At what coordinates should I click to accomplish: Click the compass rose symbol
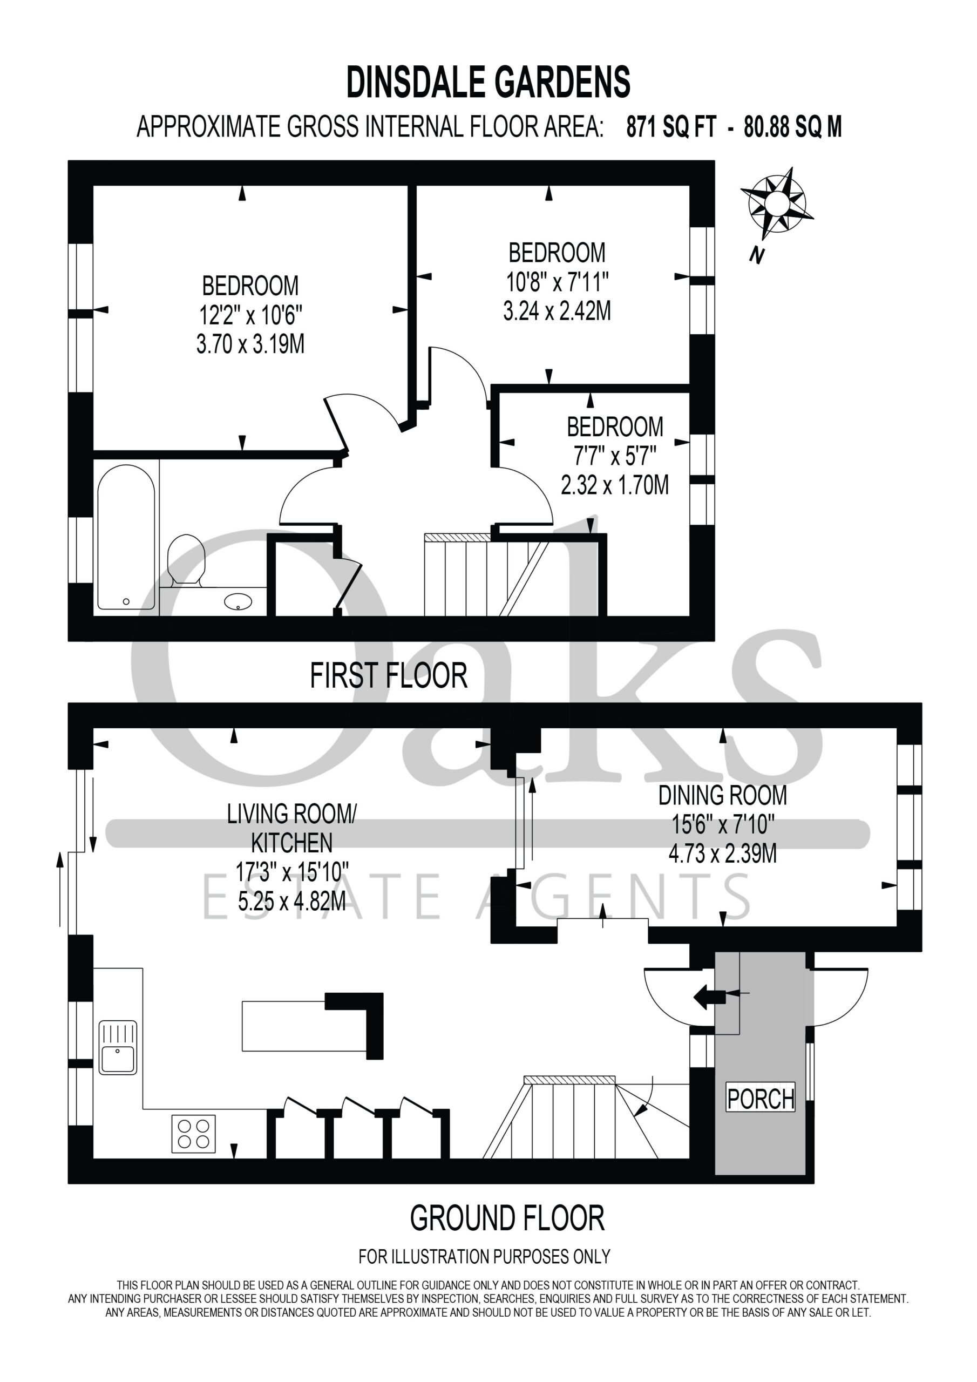(777, 203)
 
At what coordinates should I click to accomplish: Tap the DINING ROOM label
(722, 795)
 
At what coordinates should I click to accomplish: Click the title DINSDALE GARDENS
(488, 82)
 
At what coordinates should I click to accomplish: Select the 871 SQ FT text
(672, 127)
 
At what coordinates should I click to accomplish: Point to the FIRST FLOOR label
(388, 675)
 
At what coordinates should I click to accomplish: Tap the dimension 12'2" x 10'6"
(250, 315)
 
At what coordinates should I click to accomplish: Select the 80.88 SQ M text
(793, 127)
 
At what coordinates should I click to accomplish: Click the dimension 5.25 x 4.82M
(292, 901)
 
